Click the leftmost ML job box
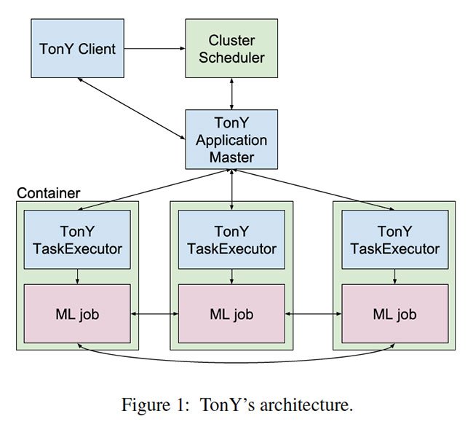(x=77, y=314)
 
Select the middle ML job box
(x=231, y=314)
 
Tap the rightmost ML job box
(x=394, y=314)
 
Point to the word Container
(x=48, y=193)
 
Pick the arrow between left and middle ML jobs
(x=154, y=314)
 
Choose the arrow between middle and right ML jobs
(x=313, y=314)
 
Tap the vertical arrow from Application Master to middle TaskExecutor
(x=231, y=188)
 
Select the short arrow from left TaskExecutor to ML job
(x=77, y=275)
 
